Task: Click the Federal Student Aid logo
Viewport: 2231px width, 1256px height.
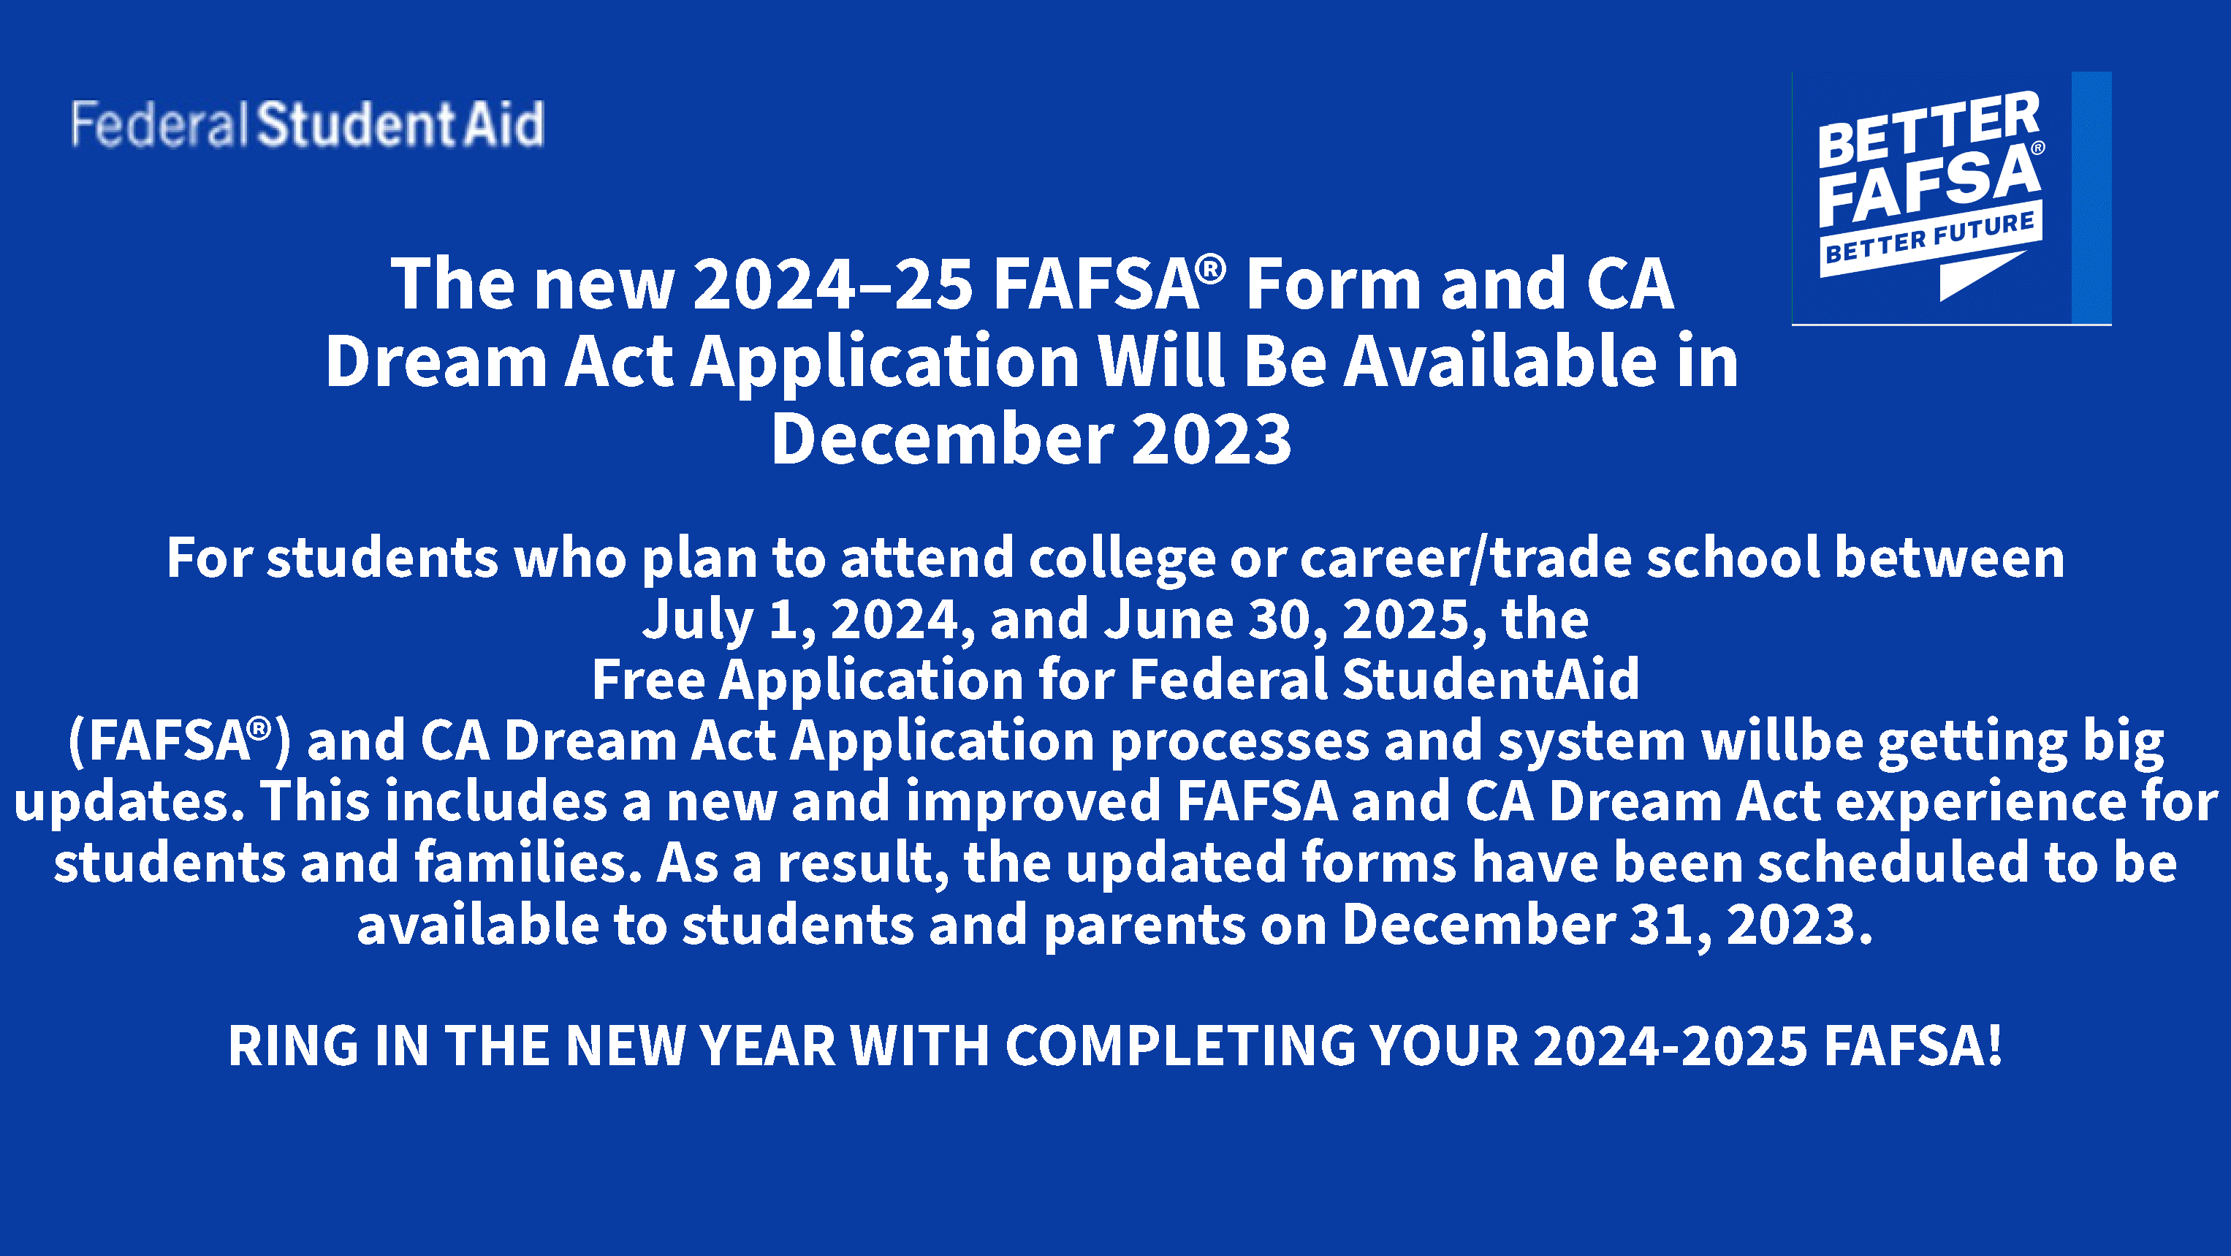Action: pos(308,124)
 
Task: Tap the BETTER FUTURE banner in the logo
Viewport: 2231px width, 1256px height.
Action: pos(1931,240)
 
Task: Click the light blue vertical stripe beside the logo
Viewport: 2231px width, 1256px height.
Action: pos(2091,197)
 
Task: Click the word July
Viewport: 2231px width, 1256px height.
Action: pos(697,620)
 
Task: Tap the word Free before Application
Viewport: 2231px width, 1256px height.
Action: pos(649,679)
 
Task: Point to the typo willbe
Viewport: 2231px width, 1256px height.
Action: pos(1782,741)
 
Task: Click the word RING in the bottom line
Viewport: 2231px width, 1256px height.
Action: pos(293,1045)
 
